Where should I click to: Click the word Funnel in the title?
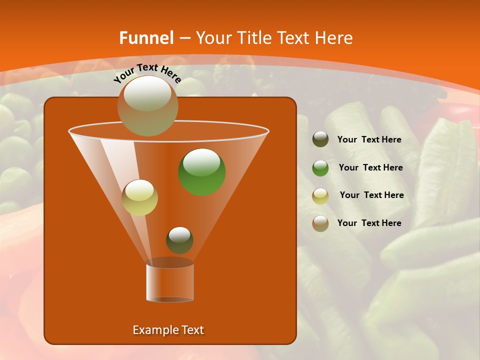pos(146,38)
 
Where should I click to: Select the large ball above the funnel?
pos(147,105)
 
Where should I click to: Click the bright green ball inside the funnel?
pos(202,171)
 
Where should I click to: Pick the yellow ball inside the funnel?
pos(140,197)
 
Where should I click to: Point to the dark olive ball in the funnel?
pos(179,240)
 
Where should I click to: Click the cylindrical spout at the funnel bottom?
pos(170,282)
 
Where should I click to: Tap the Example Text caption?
pos(168,330)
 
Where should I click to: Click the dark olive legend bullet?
pos(320,139)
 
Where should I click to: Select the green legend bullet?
pos(320,168)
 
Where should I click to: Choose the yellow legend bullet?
pos(320,195)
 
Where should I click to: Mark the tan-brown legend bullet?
pos(320,223)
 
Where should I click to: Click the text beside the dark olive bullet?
pos(369,140)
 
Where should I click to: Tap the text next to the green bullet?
pos(370,168)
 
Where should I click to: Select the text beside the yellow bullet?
pos(371,195)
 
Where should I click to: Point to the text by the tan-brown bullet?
pos(369,223)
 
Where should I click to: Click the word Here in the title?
pos(334,38)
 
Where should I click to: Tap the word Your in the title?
pos(212,38)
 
